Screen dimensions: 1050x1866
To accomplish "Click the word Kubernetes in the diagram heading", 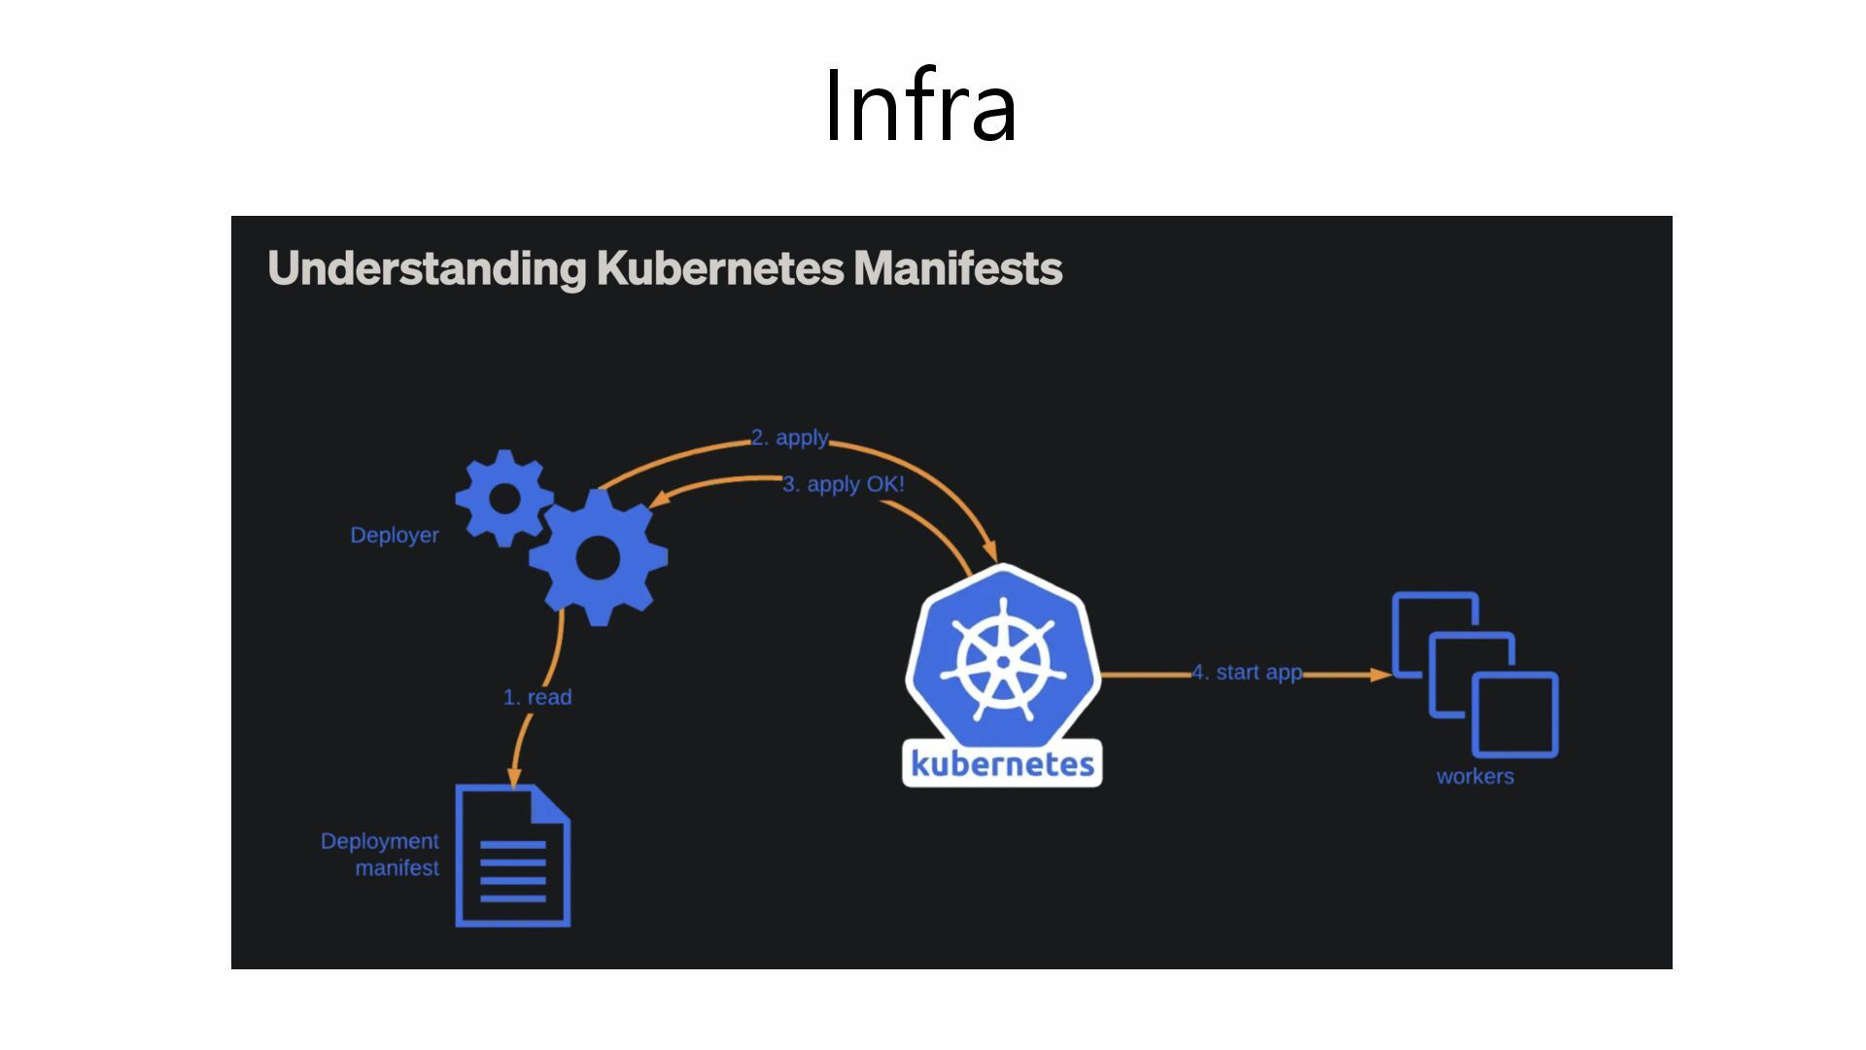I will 719,268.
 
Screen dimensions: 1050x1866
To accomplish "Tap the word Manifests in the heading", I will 957,268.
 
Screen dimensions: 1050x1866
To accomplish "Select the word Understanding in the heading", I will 427,269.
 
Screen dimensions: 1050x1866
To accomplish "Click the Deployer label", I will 395,536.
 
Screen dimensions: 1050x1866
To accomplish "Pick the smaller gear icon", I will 504,498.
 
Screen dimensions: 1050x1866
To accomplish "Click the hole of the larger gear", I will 598,558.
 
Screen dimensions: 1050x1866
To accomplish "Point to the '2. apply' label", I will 789,438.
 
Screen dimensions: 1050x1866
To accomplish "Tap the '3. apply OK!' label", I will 844,484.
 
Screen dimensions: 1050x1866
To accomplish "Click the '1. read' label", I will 537,698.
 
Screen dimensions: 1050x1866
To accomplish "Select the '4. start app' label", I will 1247,673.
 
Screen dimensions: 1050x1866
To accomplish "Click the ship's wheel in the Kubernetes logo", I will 1003,661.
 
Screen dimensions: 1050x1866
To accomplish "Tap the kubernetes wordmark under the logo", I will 1002,764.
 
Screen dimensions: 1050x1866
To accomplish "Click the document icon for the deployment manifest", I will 513,857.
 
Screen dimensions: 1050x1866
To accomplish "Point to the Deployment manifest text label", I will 381,855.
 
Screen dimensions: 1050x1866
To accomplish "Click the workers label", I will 1474,777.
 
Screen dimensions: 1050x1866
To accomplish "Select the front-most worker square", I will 1515,715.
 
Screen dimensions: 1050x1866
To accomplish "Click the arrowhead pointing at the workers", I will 1381,674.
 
